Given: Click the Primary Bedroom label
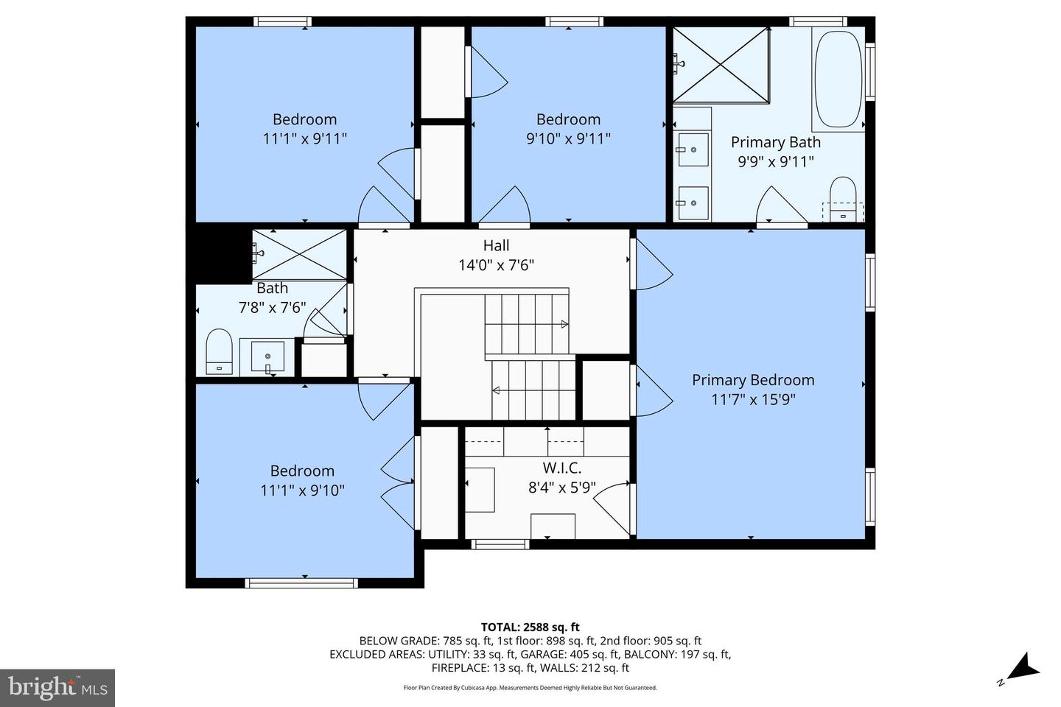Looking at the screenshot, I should [x=753, y=380].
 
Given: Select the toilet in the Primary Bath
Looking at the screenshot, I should [x=843, y=200].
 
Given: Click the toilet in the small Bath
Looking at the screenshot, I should [x=219, y=353].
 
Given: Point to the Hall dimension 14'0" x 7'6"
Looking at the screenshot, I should [x=496, y=265].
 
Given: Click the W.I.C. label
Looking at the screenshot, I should [x=562, y=468].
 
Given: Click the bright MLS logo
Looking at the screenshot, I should [x=57, y=688].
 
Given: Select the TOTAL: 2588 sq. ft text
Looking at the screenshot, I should [x=530, y=627].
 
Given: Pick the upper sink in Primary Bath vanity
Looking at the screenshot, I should [x=693, y=150].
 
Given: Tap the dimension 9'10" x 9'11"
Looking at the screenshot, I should [x=568, y=138].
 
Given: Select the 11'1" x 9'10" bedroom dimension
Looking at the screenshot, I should [x=302, y=490].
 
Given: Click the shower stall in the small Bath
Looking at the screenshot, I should [x=298, y=254].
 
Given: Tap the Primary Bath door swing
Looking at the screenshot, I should [x=781, y=207].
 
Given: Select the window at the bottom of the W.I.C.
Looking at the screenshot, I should [x=500, y=544].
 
